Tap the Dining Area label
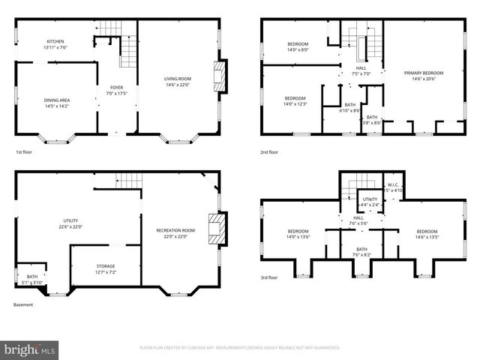[57, 103]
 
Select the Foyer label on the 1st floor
[116, 90]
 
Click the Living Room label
[178, 82]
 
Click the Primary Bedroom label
[424, 76]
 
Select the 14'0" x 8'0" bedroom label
[298, 47]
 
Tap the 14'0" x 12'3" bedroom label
[295, 101]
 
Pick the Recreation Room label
[175, 233]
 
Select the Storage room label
[106, 268]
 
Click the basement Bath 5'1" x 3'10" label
[32, 279]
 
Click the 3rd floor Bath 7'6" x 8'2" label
[361, 252]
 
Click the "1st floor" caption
[23, 152]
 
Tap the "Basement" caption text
[23, 304]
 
